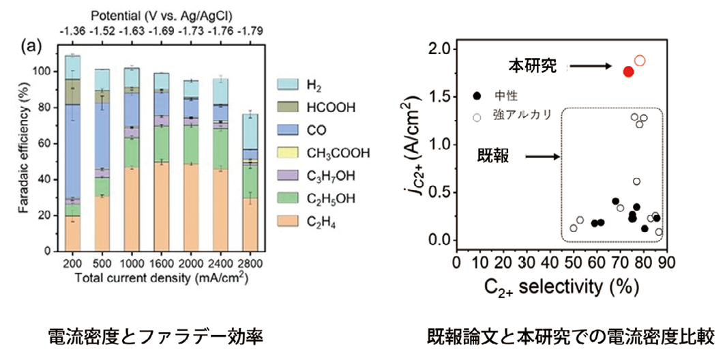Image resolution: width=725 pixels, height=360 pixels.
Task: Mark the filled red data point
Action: tap(628, 71)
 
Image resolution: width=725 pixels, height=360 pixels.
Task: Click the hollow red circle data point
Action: tap(640, 61)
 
